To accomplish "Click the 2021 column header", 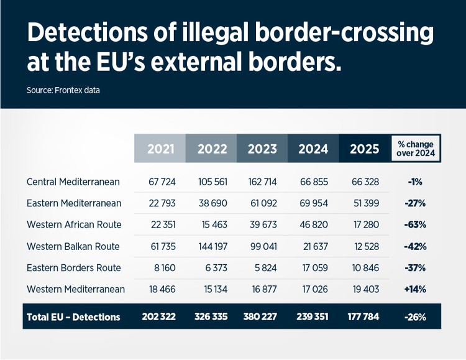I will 160,149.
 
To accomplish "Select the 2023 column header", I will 262,149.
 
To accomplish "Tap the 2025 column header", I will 365,149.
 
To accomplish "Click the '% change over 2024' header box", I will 416,149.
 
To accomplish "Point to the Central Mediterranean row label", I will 73,182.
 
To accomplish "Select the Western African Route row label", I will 74,224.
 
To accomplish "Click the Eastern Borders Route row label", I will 74,268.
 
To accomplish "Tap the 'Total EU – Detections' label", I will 73,317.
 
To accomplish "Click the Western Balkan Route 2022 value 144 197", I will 212,246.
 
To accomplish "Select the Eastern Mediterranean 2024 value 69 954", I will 313,203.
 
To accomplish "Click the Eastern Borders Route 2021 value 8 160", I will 160,268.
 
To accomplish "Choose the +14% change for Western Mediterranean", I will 415,289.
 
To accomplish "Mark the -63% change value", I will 415,224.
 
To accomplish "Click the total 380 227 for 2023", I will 262,317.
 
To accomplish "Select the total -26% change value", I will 415,317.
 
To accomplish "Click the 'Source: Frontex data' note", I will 63,90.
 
